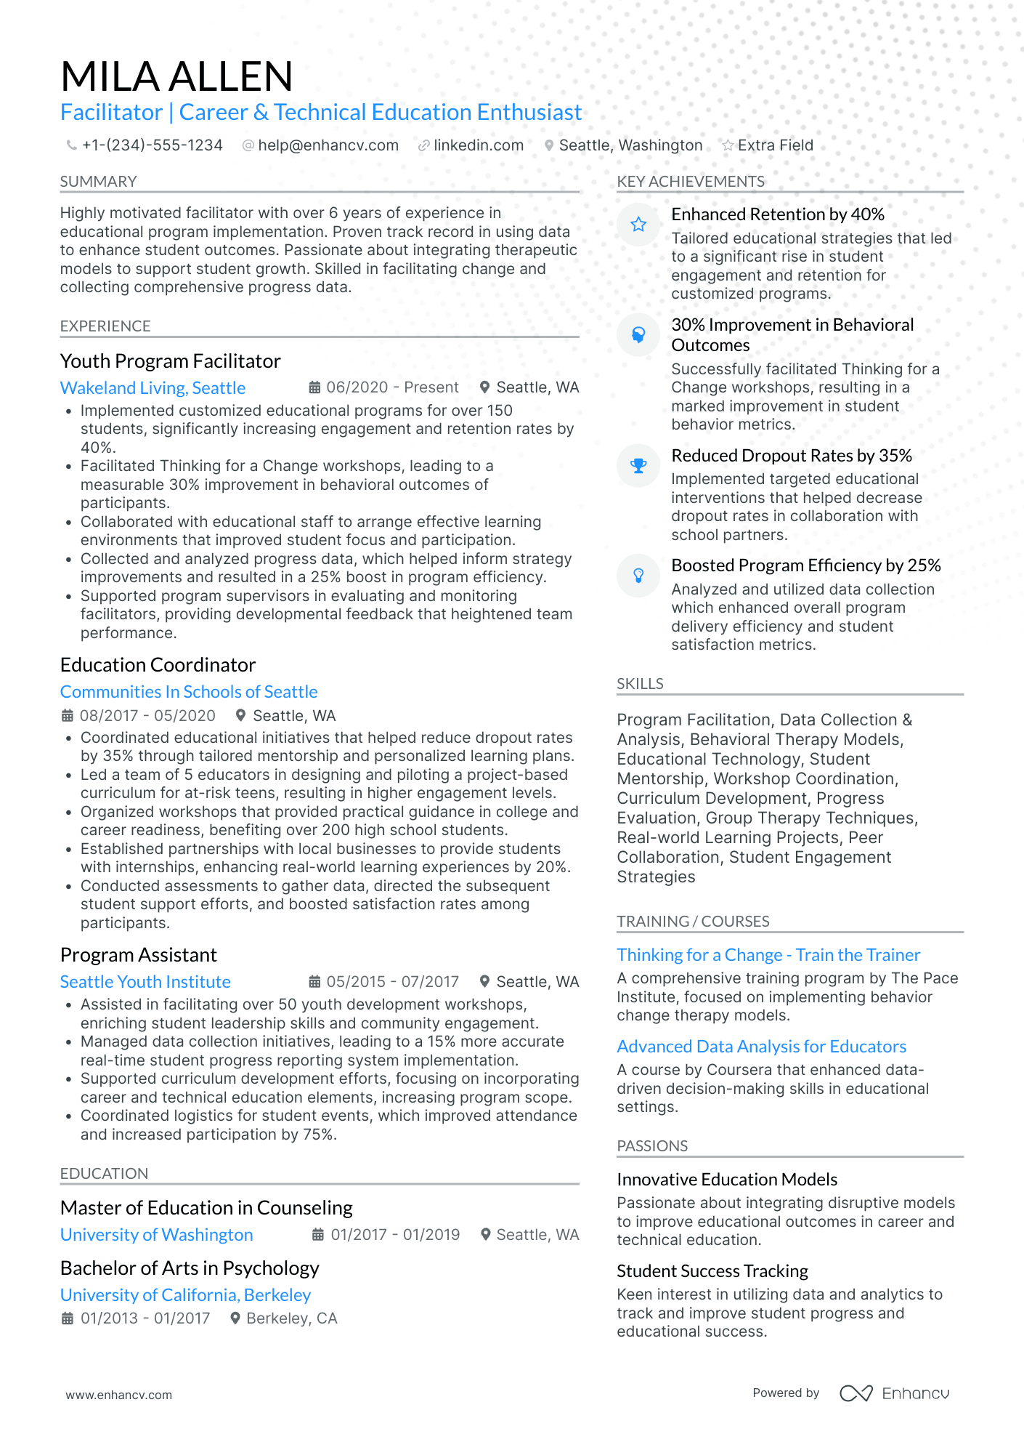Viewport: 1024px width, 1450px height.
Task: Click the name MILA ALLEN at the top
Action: pos(176,76)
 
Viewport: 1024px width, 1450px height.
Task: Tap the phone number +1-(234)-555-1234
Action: pos(152,145)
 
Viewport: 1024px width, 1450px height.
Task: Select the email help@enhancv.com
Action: pos(328,145)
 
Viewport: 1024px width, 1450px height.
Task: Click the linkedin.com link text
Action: pos(479,145)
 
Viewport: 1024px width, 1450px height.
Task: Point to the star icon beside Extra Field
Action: pos(728,145)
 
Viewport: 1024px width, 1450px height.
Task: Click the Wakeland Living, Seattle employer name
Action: pos(153,388)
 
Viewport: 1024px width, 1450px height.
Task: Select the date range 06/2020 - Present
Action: pos(392,387)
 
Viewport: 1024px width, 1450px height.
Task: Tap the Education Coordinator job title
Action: pos(158,665)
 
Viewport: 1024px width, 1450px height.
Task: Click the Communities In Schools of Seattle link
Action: pos(189,692)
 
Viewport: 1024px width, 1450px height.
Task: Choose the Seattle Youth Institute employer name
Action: pos(145,982)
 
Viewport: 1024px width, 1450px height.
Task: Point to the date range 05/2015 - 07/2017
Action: pos(392,982)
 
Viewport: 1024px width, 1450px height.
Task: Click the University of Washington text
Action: pos(156,1235)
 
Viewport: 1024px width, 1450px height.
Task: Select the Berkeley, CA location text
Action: pos(291,1318)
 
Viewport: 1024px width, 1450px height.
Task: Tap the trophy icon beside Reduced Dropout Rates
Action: pos(638,465)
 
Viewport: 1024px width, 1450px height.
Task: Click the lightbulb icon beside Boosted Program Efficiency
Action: pos(638,576)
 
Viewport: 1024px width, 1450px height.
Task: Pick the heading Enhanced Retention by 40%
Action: pos(777,214)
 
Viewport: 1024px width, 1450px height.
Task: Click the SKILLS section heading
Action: pos(640,684)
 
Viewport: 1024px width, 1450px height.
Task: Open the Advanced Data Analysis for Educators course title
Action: pos(761,1047)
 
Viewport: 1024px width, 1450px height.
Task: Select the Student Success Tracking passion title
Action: pos(712,1271)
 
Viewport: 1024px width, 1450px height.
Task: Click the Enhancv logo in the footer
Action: pos(894,1393)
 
